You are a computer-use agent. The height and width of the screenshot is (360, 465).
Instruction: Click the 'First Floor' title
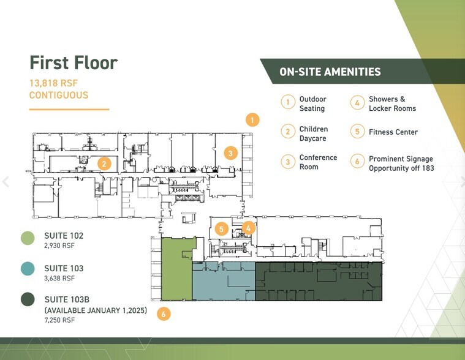pos(74,62)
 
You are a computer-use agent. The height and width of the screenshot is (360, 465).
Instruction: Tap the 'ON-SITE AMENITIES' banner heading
pos(330,72)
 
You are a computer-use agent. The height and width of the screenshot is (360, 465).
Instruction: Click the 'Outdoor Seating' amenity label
pos(312,103)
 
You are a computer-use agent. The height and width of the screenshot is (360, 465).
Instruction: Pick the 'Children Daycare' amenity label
pos(313,133)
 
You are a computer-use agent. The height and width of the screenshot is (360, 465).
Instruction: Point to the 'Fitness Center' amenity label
pos(393,132)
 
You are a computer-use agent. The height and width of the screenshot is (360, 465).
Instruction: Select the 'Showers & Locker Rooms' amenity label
pos(392,103)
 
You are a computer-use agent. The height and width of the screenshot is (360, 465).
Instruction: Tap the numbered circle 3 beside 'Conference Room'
pos(288,162)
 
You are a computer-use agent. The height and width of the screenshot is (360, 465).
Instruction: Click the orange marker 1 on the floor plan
pos(252,120)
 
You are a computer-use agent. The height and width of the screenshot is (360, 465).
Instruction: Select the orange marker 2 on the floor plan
pos(105,163)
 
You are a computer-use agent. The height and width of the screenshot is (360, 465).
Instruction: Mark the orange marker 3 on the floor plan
pos(230,153)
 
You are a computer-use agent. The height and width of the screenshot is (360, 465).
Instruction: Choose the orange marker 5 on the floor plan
pos(222,230)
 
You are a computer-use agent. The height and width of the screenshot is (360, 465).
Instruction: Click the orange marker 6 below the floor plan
pos(163,314)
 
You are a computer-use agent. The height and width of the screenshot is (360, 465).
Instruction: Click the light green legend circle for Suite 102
pos(27,238)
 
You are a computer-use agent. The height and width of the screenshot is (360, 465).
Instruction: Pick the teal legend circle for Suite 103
pos(27,268)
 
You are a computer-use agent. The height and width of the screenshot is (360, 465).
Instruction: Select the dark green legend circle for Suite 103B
pos(27,299)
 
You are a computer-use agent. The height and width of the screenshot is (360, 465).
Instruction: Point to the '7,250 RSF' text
pos(59,320)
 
